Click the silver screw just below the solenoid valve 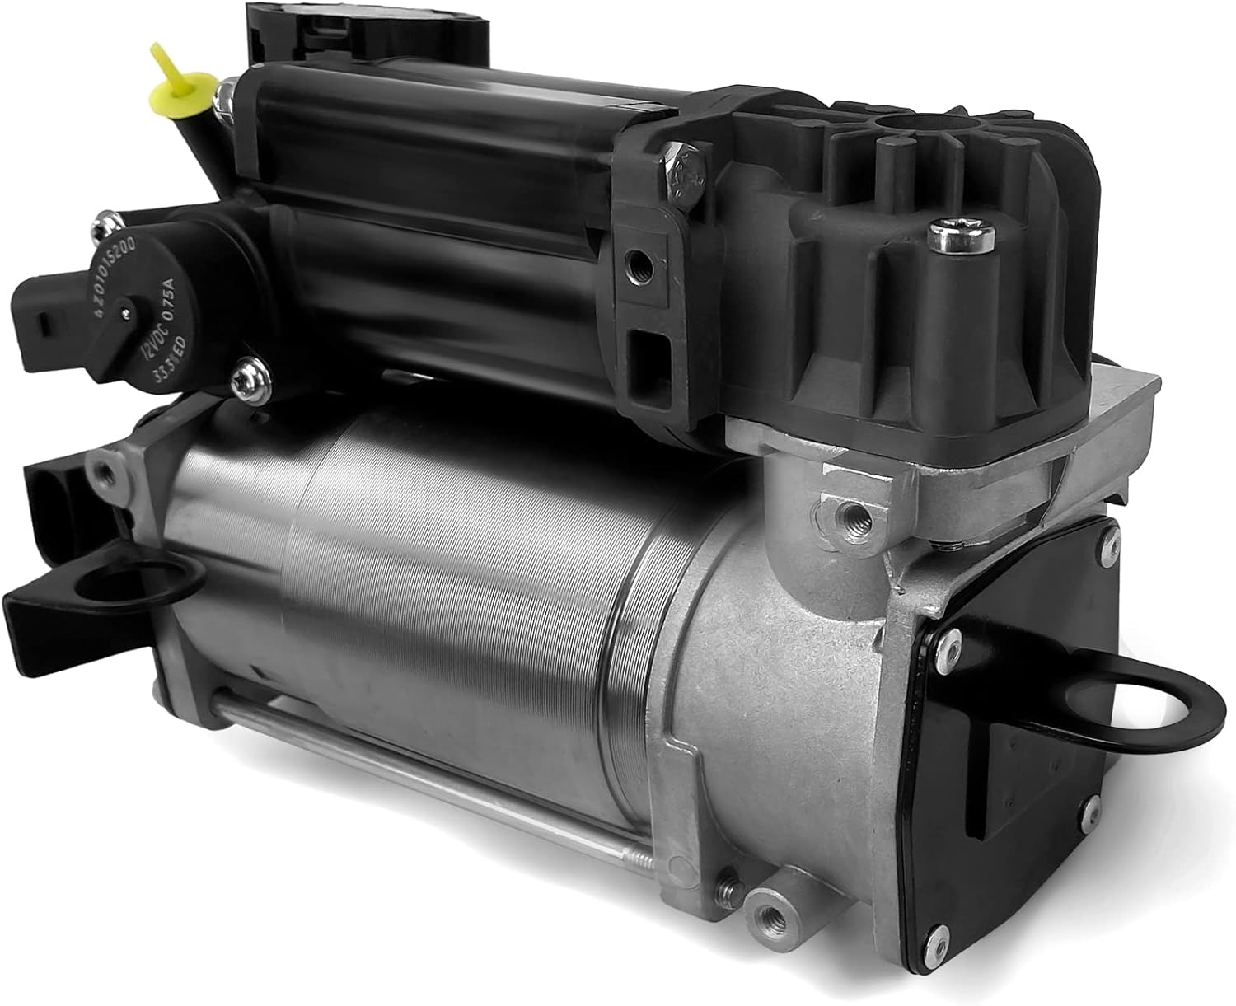tap(245, 378)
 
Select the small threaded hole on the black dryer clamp tap(634, 264)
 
